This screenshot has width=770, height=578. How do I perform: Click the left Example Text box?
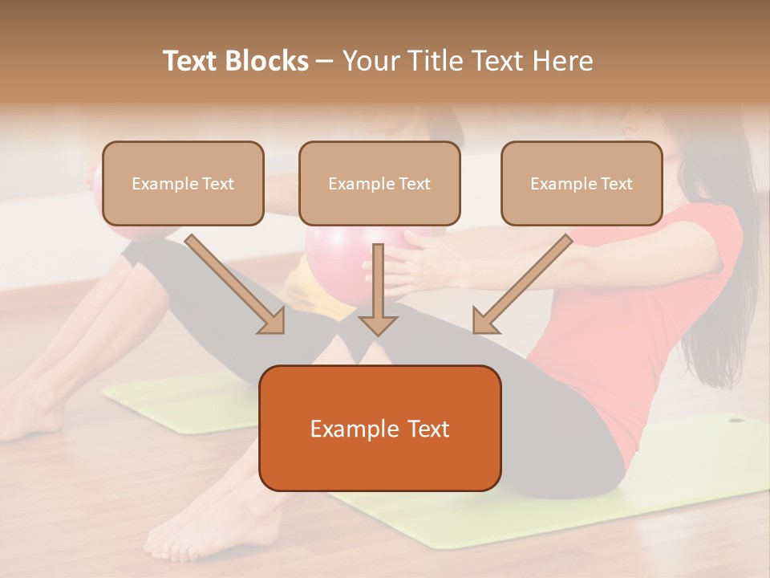(x=183, y=183)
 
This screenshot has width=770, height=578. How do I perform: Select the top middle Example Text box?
(x=379, y=183)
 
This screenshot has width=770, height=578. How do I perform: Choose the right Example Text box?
(x=582, y=183)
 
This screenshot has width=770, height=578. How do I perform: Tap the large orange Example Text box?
(x=379, y=428)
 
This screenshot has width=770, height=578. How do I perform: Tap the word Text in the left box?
(x=217, y=184)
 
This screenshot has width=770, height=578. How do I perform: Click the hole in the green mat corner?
(x=735, y=418)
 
